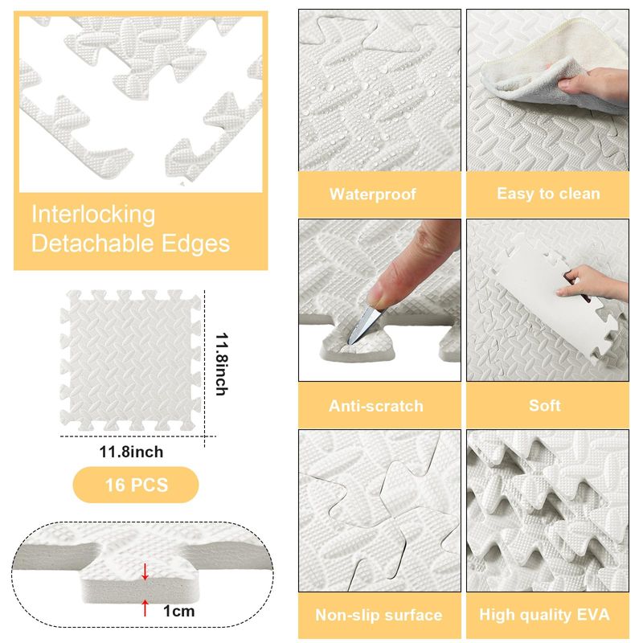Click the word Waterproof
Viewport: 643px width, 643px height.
[x=372, y=194]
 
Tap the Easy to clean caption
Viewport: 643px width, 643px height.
[x=548, y=194]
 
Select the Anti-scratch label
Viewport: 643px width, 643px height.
[x=375, y=406]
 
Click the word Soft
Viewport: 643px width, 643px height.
[x=545, y=406]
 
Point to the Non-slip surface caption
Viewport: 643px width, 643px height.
[x=379, y=615]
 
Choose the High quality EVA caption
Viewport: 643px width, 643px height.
[x=544, y=615]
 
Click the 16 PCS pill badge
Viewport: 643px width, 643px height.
[x=136, y=485]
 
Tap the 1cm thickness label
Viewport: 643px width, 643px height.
[x=178, y=611]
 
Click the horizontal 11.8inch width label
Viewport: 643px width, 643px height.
[x=131, y=452]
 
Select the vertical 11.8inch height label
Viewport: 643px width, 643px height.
[x=222, y=364]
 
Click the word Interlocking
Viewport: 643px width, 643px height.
[x=93, y=215]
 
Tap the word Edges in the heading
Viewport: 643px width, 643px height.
[x=195, y=244]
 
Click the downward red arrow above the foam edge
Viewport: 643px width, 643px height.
[x=145, y=571]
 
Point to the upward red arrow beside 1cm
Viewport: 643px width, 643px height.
[x=145, y=608]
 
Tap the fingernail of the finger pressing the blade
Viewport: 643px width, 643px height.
[x=377, y=297]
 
